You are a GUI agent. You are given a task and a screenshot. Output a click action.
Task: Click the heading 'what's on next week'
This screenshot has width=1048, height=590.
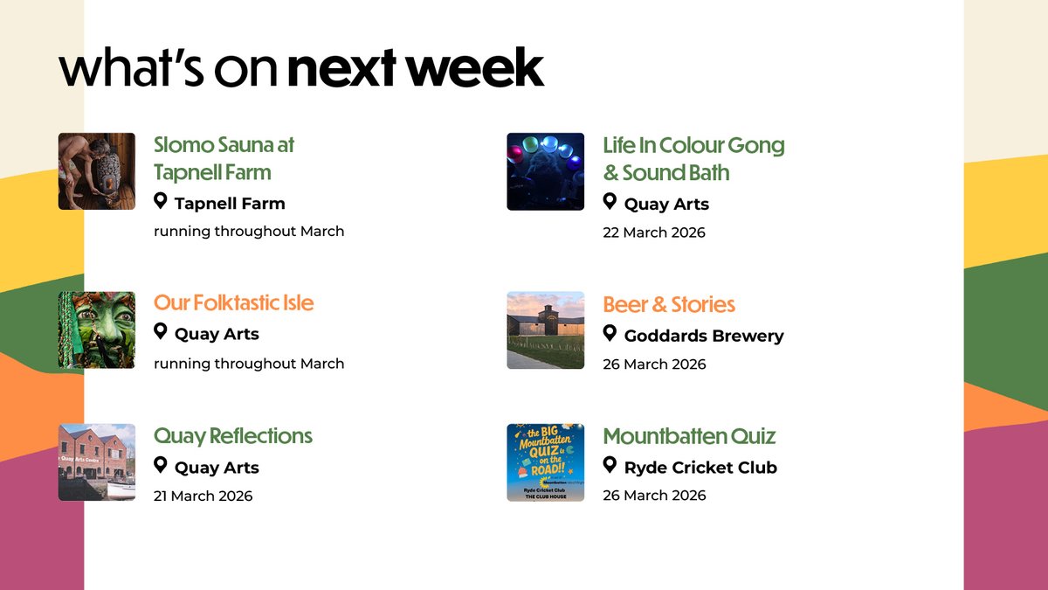pyautogui.click(x=301, y=69)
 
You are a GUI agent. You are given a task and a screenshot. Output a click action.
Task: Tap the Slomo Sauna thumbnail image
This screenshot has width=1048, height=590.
pyautogui.click(x=96, y=171)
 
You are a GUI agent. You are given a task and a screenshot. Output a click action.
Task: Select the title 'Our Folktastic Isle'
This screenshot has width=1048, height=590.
pyautogui.click(x=233, y=302)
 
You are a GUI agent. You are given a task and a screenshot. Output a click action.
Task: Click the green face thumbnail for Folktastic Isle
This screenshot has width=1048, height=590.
pyautogui.click(x=96, y=330)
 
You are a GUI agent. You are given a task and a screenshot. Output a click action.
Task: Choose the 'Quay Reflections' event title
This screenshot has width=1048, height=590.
pyautogui.click(x=232, y=435)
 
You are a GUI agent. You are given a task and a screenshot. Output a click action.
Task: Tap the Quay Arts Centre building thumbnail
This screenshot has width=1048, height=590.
pyautogui.click(x=96, y=462)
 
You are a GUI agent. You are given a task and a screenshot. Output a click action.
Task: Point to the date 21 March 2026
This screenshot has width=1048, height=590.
pyautogui.click(x=203, y=496)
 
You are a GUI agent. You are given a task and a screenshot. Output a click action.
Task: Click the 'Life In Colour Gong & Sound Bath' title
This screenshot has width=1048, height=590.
pyautogui.click(x=693, y=158)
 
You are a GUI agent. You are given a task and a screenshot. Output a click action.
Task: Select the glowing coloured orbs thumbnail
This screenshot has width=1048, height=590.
pyautogui.click(x=545, y=171)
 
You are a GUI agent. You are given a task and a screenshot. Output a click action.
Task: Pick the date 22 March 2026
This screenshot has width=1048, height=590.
pyautogui.click(x=653, y=233)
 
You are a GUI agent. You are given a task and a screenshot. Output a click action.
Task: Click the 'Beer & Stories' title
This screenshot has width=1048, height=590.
pyautogui.click(x=669, y=304)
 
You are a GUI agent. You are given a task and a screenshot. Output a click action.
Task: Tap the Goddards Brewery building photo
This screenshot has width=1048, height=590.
pyautogui.click(x=545, y=330)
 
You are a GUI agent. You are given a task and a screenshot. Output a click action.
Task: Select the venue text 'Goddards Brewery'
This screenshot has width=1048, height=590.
pyautogui.click(x=704, y=336)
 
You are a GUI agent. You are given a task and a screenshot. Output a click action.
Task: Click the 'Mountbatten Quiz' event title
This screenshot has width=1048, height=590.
pyautogui.click(x=689, y=435)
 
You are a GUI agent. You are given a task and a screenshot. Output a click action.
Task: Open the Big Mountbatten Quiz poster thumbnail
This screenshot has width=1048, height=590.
pyautogui.click(x=545, y=462)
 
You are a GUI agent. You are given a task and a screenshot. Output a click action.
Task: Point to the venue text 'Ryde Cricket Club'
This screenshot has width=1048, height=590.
pyautogui.click(x=700, y=468)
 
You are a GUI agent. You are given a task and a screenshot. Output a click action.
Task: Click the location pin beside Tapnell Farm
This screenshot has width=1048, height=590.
pyautogui.click(x=161, y=202)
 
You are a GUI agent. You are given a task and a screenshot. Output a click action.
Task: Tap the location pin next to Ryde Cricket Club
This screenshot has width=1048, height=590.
pyautogui.click(x=610, y=466)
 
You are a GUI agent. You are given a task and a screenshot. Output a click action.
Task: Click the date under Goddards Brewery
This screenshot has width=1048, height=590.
pyautogui.click(x=654, y=364)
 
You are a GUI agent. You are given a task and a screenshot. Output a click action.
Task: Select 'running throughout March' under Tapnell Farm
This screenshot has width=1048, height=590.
pyautogui.click(x=249, y=232)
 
